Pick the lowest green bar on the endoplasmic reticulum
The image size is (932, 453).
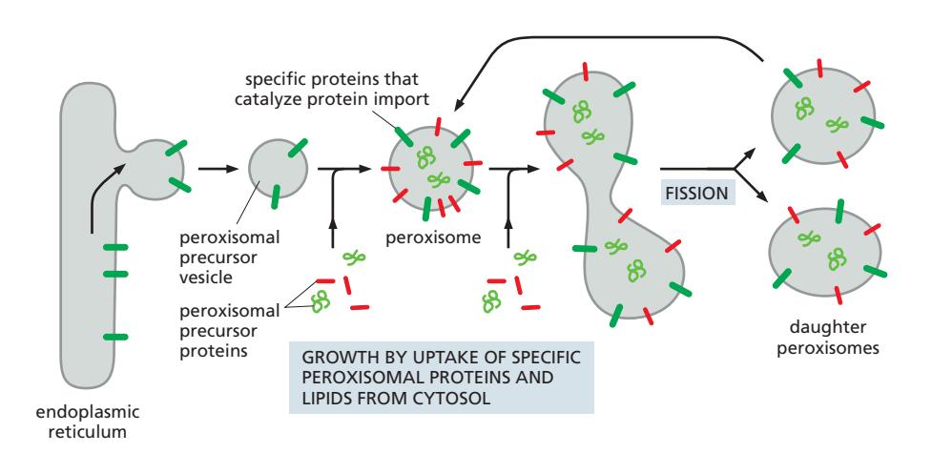pyautogui.click(x=115, y=337)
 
